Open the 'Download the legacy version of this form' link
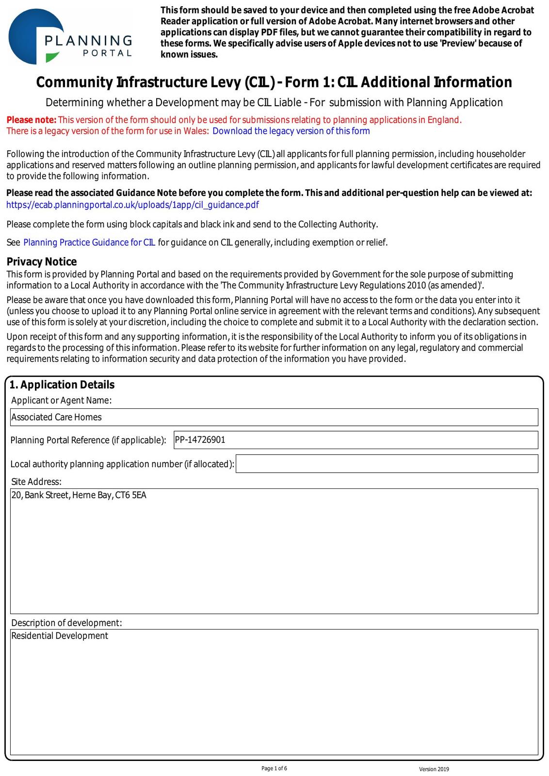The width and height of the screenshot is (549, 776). tap(291, 131)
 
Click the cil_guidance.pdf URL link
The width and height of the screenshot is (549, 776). tap(132, 205)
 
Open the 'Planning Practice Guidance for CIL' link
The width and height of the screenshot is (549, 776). tap(89, 242)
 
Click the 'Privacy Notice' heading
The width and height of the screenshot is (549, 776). tap(42, 262)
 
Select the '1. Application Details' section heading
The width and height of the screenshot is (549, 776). tap(62, 385)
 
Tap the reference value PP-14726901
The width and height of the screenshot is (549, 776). tap(200, 440)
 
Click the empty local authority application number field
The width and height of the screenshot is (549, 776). tap(387, 464)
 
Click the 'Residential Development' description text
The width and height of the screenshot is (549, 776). tap(60, 636)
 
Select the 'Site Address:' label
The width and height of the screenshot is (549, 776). tap(36, 482)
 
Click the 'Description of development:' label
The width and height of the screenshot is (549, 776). tap(66, 623)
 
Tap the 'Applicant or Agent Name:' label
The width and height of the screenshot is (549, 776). tap(61, 400)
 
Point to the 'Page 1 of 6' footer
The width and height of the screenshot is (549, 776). tap(274, 768)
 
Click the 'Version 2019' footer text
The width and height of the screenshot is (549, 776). tap(434, 769)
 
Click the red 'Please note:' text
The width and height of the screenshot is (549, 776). tap(32, 120)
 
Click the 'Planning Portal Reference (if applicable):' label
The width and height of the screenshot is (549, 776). tap(88, 440)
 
